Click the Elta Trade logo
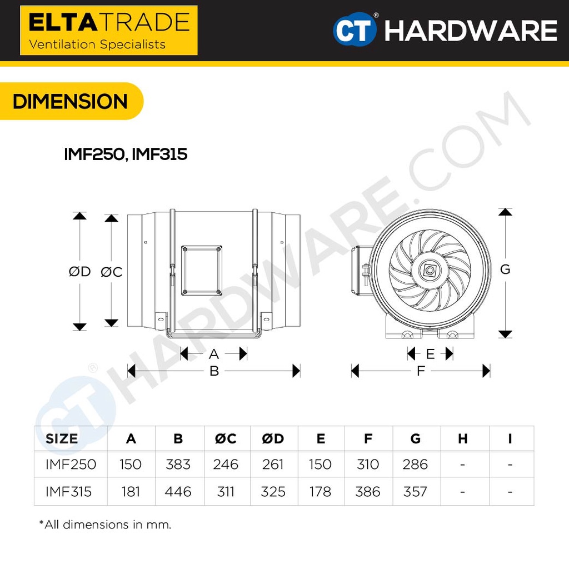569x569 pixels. click(109, 30)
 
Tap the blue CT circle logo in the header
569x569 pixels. click(355, 29)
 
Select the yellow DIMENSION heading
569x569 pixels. click(70, 101)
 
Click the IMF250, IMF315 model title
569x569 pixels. click(126, 154)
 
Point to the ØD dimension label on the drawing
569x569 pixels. click(79, 271)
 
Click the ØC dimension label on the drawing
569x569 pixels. click(111, 272)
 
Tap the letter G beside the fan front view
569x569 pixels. click(505, 269)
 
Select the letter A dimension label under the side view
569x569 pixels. click(214, 354)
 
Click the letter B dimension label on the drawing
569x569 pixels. click(214, 371)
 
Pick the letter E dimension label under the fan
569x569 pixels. click(430, 354)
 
